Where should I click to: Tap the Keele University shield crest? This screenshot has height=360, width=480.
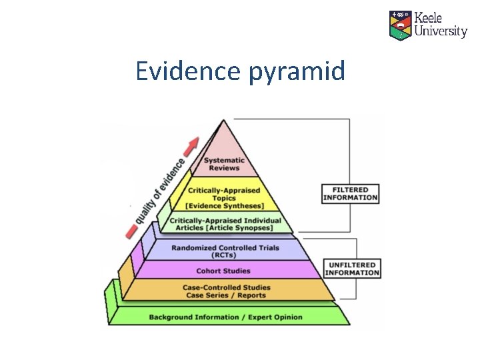[401, 25]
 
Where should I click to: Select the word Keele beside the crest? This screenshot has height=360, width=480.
[429, 17]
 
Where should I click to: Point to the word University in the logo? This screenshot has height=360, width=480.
[440, 31]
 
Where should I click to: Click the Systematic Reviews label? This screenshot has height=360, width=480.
[224, 164]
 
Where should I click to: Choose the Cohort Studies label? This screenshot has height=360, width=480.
[223, 271]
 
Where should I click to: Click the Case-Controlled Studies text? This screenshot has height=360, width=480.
[227, 287]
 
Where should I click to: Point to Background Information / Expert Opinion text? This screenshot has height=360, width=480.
[225, 317]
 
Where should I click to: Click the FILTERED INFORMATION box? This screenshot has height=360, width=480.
[351, 193]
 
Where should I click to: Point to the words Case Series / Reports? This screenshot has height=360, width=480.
[227, 295]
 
